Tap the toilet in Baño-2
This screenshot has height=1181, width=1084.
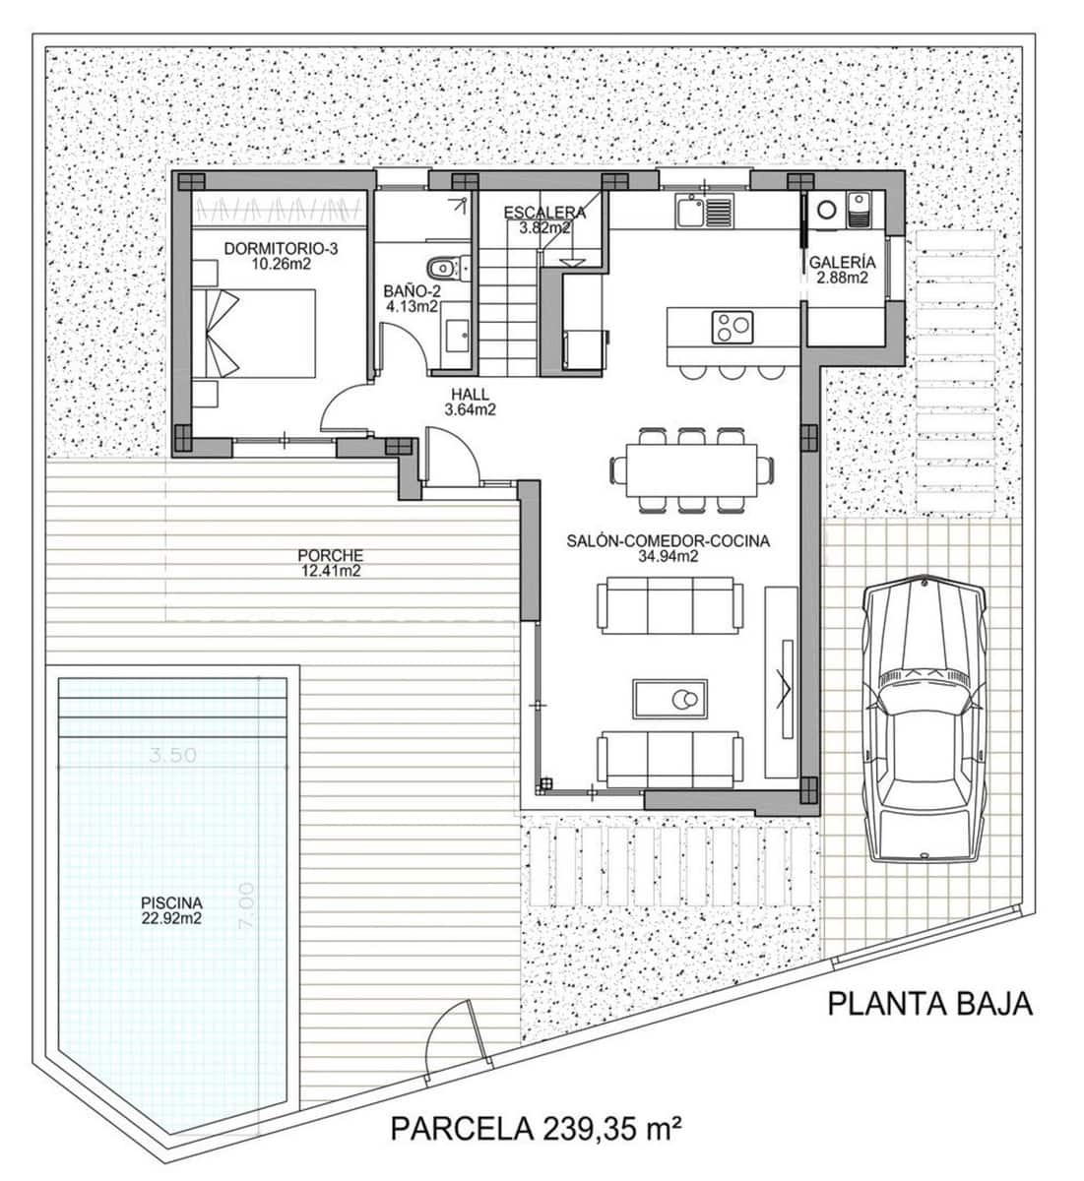[x=442, y=267]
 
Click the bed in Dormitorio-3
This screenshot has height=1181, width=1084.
[x=261, y=333]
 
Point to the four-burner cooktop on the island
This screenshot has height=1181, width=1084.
[x=732, y=326]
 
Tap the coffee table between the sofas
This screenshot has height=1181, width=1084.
[x=670, y=700]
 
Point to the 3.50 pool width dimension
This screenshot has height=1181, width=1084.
[x=173, y=755]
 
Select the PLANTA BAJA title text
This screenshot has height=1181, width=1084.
[x=929, y=1004]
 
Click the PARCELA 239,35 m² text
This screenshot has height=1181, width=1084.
[x=537, y=1127]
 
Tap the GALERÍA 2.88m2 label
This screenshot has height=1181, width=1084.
[x=842, y=271]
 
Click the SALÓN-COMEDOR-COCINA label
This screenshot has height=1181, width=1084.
[x=668, y=548]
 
